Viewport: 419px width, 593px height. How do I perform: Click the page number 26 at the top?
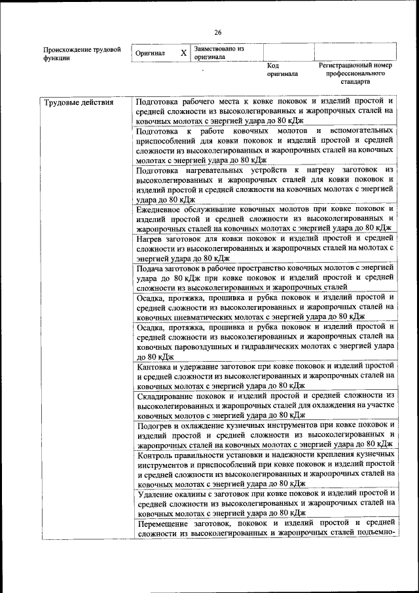(218, 32)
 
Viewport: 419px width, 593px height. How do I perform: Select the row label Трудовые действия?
(78, 102)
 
